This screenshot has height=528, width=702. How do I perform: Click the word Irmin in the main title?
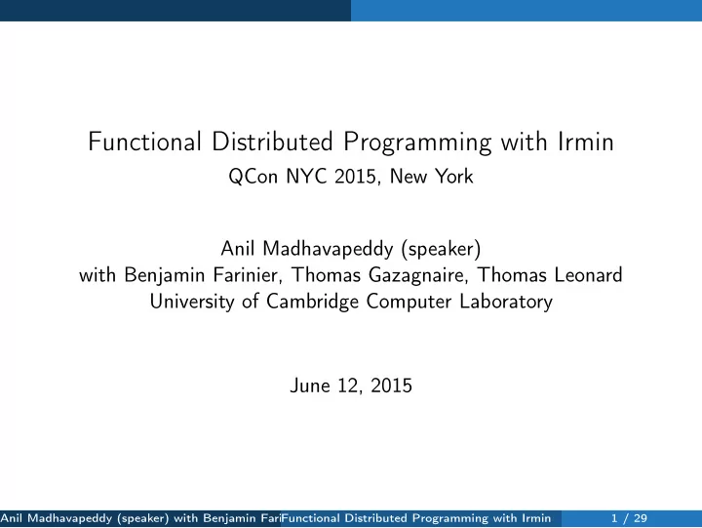585,142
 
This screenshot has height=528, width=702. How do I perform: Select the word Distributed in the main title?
272,142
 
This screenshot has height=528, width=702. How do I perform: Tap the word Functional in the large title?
144,142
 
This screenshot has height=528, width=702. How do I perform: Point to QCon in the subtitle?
253,176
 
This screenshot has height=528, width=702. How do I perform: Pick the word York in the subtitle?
454,176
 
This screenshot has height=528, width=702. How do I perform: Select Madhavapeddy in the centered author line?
328,249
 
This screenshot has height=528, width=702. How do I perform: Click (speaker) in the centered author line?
442,249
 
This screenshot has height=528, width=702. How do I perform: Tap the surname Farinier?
248,275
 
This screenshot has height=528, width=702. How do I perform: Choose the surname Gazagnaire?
418,275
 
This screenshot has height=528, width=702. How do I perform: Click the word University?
192,302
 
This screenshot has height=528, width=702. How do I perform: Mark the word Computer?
409,302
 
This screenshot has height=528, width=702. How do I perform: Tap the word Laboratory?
506,302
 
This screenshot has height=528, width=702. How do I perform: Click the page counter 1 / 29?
630,518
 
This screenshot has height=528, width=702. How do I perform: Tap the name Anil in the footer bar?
11,518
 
